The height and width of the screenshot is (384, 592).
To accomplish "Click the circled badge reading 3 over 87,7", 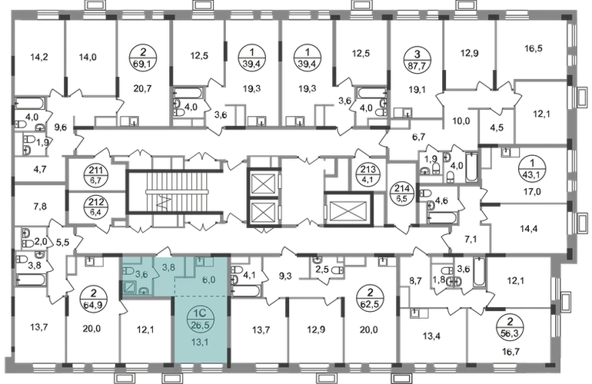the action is coord(417,61).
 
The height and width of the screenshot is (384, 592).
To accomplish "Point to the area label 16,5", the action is coord(534,48).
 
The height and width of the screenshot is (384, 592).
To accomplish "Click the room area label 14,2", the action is coord(39,58).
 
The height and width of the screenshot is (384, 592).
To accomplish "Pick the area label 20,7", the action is coord(142,88).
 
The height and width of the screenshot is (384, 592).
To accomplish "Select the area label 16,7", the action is coord(511,352).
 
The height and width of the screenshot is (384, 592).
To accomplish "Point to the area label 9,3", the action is coord(285,276).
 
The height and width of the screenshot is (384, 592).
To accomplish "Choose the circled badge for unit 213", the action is coord(364,174).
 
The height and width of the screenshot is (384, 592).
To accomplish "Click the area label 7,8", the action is coord(40,207).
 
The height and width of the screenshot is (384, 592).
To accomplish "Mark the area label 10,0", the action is coord(461,121).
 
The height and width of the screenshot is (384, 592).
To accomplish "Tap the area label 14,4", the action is coord(529,228).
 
